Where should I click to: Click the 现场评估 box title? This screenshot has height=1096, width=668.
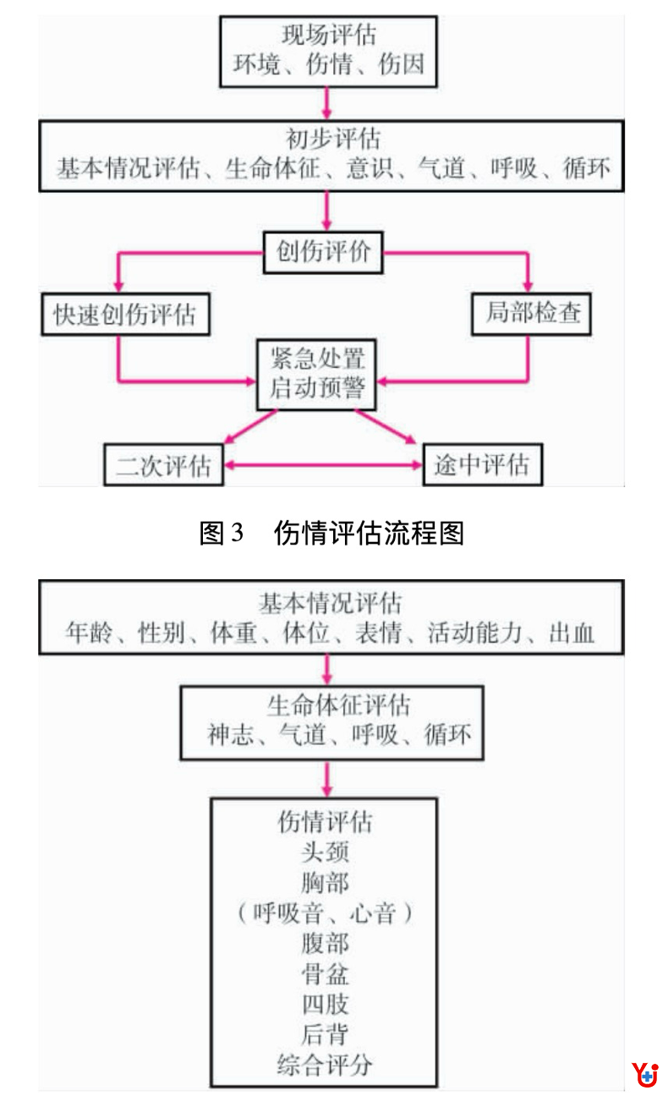tap(329, 36)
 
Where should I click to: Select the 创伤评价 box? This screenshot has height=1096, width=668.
tap(323, 251)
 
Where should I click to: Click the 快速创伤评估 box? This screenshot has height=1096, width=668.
tap(125, 315)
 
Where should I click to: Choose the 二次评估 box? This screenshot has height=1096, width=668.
tap(163, 465)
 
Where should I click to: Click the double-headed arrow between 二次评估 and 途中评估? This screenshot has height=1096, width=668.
tap(323, 465)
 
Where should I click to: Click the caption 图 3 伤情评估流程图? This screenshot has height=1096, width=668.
tap(331, 533)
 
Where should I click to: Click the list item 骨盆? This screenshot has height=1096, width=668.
tap(324, 974)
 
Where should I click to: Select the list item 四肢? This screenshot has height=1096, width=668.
tap(324, 1005)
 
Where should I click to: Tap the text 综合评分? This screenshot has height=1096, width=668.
tap(324, 1064)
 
